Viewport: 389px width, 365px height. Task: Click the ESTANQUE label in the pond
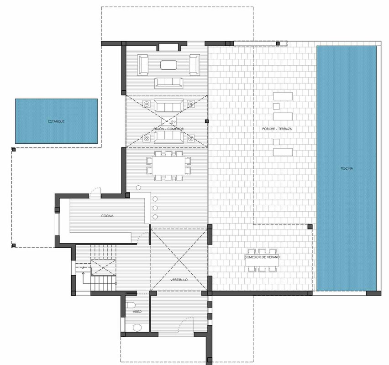point(56,121)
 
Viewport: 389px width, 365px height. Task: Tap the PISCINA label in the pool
point(347,168)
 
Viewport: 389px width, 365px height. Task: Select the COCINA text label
point(107,216)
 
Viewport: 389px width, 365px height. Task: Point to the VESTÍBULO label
point(179,280)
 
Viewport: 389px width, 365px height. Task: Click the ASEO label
point(137,312)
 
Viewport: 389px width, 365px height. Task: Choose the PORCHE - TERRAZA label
point(277,129)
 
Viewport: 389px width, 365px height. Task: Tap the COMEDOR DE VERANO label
point(262,257)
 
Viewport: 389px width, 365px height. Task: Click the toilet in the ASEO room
point(131,305)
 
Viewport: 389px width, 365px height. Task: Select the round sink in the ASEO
point(137,328)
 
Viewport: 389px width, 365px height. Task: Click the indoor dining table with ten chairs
point(168,166)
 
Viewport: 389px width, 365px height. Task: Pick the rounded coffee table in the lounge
point(168,65)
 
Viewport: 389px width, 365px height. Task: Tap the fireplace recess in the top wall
point(168,47)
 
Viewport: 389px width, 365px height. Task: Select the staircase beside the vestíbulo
point(103,267)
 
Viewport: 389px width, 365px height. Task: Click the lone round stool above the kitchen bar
point(138,188)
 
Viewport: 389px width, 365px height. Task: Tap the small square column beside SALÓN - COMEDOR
point(207,121)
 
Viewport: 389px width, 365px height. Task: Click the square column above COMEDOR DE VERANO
point(310,226)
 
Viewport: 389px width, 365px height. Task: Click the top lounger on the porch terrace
point(283,96)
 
